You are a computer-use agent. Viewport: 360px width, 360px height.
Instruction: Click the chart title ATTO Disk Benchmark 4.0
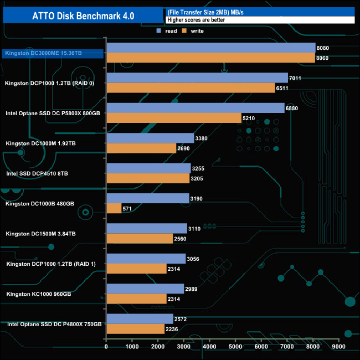click(83, 16)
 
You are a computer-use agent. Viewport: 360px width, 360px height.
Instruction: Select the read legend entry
click(168, 31)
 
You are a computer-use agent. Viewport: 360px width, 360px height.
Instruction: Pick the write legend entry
click(193, 31)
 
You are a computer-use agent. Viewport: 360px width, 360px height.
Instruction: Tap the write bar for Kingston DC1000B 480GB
click(114, 208)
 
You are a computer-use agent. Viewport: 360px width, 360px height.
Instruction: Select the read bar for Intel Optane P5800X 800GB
click(195, 108)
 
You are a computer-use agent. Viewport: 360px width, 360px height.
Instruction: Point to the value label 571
click(128, 208)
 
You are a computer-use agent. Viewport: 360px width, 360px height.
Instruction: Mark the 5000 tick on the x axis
click(235, 347)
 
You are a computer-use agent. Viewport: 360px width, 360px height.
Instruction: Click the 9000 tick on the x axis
click(338, 347)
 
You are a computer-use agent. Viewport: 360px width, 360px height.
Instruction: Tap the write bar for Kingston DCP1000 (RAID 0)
click(197, 88)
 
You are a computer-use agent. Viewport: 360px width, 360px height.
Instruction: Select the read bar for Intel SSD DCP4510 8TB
click(148, 168)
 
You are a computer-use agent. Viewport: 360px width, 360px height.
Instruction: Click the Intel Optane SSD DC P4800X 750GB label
click(54, 324)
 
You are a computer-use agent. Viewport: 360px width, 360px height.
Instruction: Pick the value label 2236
click(172, 329)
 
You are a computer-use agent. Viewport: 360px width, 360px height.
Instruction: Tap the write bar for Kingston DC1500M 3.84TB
click(140, 238)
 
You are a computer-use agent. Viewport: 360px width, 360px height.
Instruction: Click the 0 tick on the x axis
click(106, 347)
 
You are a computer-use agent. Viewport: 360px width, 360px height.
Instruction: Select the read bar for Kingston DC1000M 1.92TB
click(150, 138)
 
